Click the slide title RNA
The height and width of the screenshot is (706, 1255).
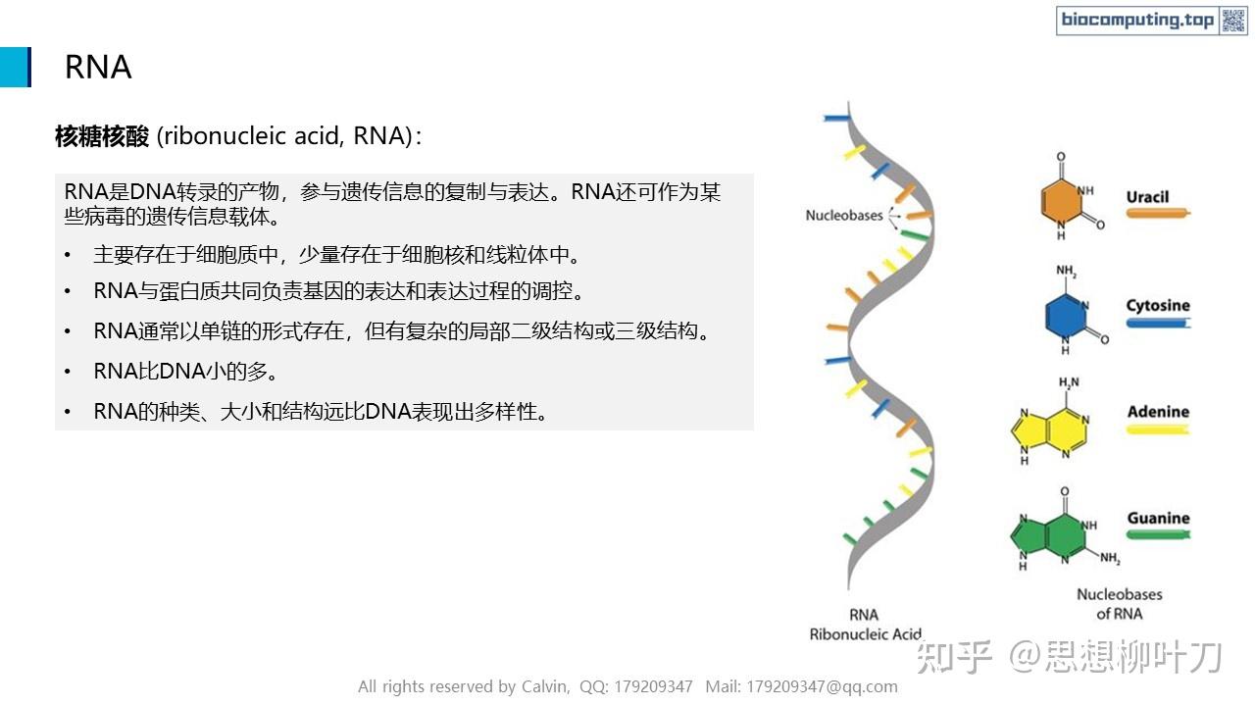pyautogui.click(x=98, y=67)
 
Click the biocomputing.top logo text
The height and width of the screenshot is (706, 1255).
pyautogui.click(x=1137, y=21)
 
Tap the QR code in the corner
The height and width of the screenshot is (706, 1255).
pyautogui.click(x=1232, y=21)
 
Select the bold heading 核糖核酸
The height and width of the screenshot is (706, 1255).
pyautogui.click(x=101, y=136)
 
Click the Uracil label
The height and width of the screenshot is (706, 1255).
pyautogui.click(x=1147, y=197)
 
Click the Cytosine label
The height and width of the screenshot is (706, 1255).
pyautogui.click(x=1157, y=305)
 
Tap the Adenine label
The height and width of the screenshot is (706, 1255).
pyautogui.click(x=1158, y=412)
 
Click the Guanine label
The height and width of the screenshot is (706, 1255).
pyautogui.click(x=1158, y=518)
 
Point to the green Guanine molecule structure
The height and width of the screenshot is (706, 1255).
pyautogui.click(x=1049, y=534)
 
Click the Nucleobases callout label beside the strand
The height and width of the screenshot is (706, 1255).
pyautogui.click(x=843, y=215)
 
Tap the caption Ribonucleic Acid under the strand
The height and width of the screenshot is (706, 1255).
pyautogui.click(x=865, y=633)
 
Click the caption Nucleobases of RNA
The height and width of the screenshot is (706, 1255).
pyautogui.click(x=1119, y=603)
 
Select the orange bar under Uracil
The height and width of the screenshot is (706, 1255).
pyautogui.click(x=1157, y=212)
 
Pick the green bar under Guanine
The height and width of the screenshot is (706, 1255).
pyautogui.click(x=1157, y=534)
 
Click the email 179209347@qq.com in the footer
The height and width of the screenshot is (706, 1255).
pyautogui.click(x=822, y=686)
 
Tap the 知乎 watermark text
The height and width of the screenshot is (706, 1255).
pyautogui.click(x=954, y=656)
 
